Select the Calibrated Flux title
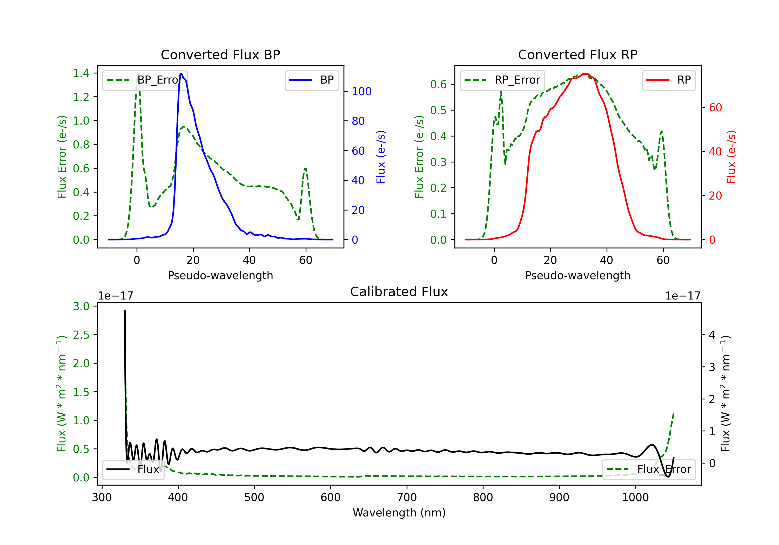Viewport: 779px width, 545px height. point(399,292)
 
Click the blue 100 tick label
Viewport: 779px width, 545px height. point(361,92)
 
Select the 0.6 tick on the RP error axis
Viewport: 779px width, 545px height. point(438,84)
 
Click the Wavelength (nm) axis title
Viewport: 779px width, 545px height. point(399,513)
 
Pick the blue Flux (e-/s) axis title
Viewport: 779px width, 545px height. point(381,157)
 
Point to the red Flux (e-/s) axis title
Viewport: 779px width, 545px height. point(731,157)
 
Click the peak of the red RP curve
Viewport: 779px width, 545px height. point(586,74)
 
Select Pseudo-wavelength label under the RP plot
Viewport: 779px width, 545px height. point(577,275)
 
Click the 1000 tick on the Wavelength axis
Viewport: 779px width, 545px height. point(635,498)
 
